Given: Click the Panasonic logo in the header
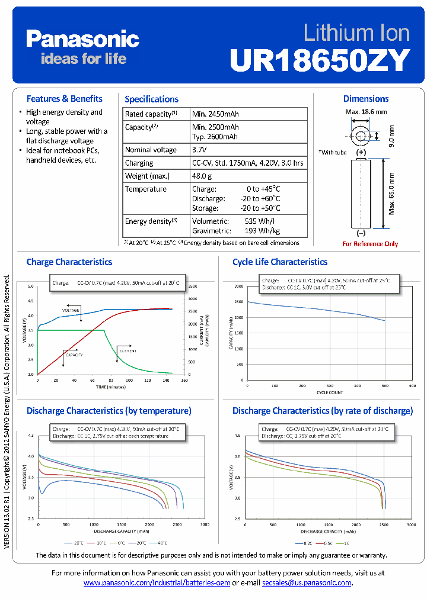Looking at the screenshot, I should tap(82, 40).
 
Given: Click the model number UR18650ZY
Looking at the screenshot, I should tap(320, 59).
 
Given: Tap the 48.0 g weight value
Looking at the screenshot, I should tap(202, 176).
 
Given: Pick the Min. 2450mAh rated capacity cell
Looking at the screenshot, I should tap(215, 114).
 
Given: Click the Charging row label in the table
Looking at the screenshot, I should tap(139, 163).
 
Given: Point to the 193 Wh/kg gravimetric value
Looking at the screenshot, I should tap(262, 230).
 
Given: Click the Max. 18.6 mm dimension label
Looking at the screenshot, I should tap(366, 111).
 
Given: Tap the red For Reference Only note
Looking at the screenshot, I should tap(370, 244).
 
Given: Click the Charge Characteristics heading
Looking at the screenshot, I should tap(69, 262).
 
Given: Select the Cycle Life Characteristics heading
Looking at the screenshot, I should tap(279, 262).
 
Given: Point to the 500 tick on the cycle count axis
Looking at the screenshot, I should tap(385, 385).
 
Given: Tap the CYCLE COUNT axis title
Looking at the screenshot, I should tap(330, 392).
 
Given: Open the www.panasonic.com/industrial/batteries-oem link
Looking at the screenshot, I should tap(157, 583).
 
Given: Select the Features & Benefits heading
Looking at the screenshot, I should tap(64, 99).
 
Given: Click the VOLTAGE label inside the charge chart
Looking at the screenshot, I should tap(71, 310).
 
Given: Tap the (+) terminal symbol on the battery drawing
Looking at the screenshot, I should tap(361, 152).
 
